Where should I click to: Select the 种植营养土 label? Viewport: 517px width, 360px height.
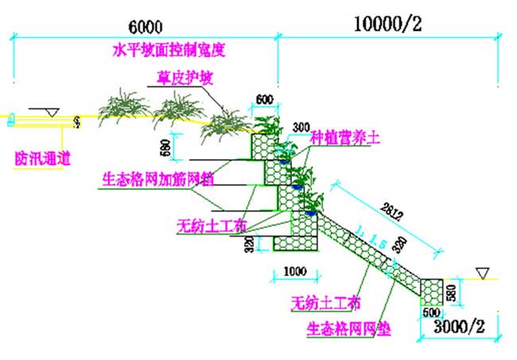tap(344, 137)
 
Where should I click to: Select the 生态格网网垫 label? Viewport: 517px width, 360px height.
tap(348, 327)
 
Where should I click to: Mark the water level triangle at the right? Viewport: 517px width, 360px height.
tap(481, 273)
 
